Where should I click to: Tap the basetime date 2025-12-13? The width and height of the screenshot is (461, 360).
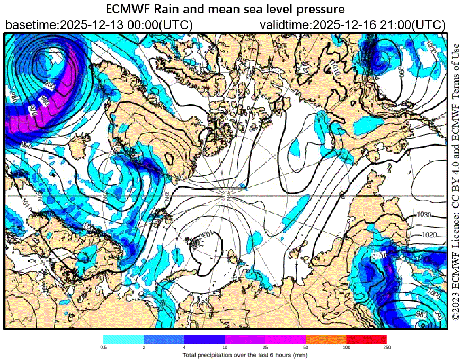click(88, 25)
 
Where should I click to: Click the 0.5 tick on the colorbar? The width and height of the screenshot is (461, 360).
click(104, 347)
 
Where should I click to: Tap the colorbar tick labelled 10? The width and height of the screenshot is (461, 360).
click(225, 347)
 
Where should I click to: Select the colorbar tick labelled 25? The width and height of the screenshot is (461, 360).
click(265, 347)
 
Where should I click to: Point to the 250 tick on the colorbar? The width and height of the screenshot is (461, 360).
click(386, 347)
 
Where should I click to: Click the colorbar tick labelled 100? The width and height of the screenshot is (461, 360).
click(346, 347)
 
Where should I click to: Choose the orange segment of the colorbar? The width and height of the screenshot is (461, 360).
click(326, 339)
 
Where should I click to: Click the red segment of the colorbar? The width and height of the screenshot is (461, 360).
click(366, 339)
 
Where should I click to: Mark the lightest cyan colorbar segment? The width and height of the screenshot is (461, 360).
click(123, 339)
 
